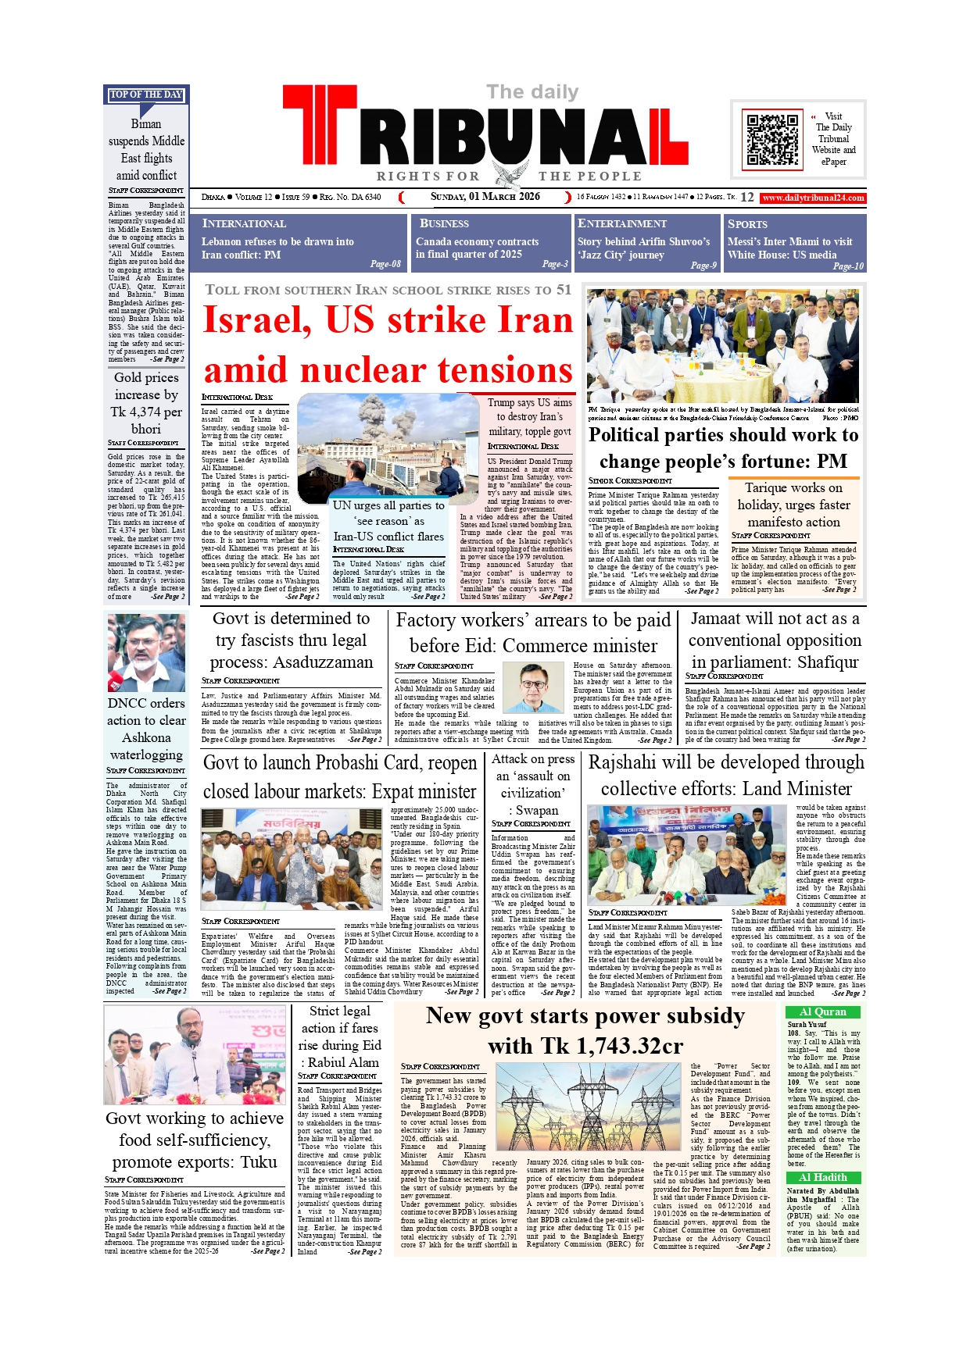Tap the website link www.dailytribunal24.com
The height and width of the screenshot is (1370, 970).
point(813,198)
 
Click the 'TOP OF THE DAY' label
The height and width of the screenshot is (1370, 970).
point(146,95)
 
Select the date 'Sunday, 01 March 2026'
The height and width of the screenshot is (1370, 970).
point(485,197)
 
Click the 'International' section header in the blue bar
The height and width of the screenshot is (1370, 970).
point(244,223)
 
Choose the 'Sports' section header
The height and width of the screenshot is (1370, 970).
point(747,223)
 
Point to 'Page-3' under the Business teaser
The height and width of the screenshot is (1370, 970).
point(555,264)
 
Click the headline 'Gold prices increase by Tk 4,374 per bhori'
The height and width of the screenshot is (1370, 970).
point(146,403)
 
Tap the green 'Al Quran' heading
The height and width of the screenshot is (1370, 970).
point(822,1011)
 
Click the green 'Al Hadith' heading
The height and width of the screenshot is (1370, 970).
point(822,1177)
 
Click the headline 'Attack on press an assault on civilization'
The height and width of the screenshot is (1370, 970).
point(532,784)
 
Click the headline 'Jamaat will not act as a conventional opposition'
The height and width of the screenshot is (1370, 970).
point(774,640)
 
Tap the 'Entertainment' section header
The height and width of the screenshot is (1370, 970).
point(622,223)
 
